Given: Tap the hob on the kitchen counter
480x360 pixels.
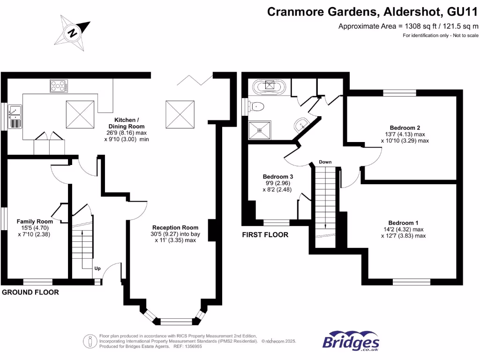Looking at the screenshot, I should click(59, 86).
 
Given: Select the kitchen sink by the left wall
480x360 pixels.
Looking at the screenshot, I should click(15, 116).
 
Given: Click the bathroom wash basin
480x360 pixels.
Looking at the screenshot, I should click(301, 124).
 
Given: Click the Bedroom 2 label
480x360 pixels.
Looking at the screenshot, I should click(405, 127).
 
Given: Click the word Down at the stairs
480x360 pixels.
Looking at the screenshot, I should click(325, 162).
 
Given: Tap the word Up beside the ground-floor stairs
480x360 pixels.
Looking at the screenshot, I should click(97, 269).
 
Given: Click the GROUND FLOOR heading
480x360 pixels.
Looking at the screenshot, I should click(31, 292).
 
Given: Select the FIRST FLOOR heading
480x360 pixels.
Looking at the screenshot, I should click(265, 234).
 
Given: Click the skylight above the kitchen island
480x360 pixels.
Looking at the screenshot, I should click(81, 113).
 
